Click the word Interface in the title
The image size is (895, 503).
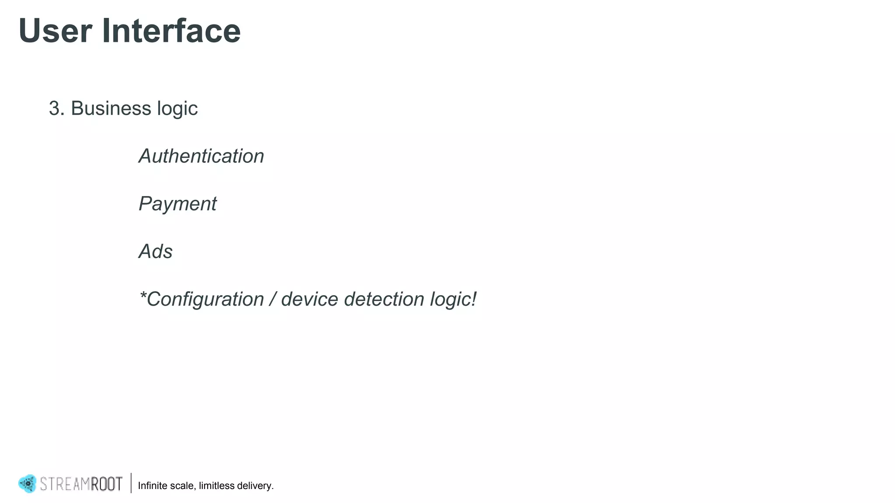click(171, 31)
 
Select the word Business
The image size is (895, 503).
click(111, 108)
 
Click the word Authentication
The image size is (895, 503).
click(201, 156)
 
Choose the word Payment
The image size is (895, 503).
click(177, 204)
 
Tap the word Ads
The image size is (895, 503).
click(156, 251)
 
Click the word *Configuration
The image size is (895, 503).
click(201, 300)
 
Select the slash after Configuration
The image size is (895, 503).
click(273, 300)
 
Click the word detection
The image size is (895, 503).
click(384, 300)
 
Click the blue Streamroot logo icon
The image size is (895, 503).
click(27, 484)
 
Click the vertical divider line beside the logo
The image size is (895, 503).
click(131, 483)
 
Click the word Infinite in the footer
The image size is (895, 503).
click(152, 486)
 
